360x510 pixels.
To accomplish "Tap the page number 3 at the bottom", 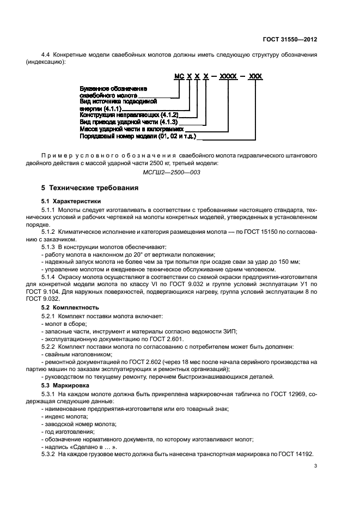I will (315, 465).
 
